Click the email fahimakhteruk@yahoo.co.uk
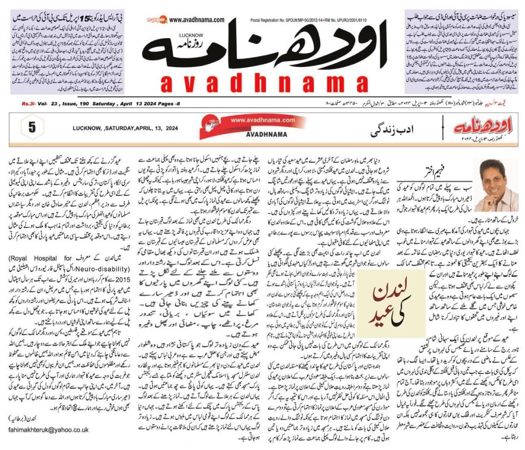48,429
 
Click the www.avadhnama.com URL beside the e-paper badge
197,20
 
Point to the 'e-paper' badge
157,20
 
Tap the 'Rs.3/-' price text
29,104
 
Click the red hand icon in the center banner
212,126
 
